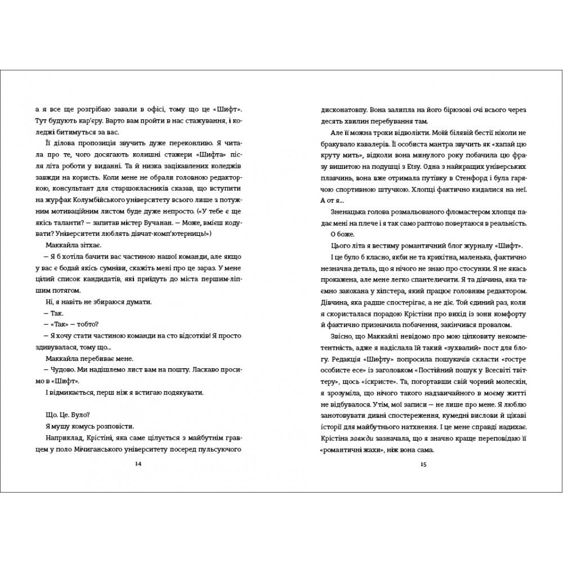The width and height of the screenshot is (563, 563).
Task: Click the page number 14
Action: point(139,464)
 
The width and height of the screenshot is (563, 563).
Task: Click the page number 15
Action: point(425,464)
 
